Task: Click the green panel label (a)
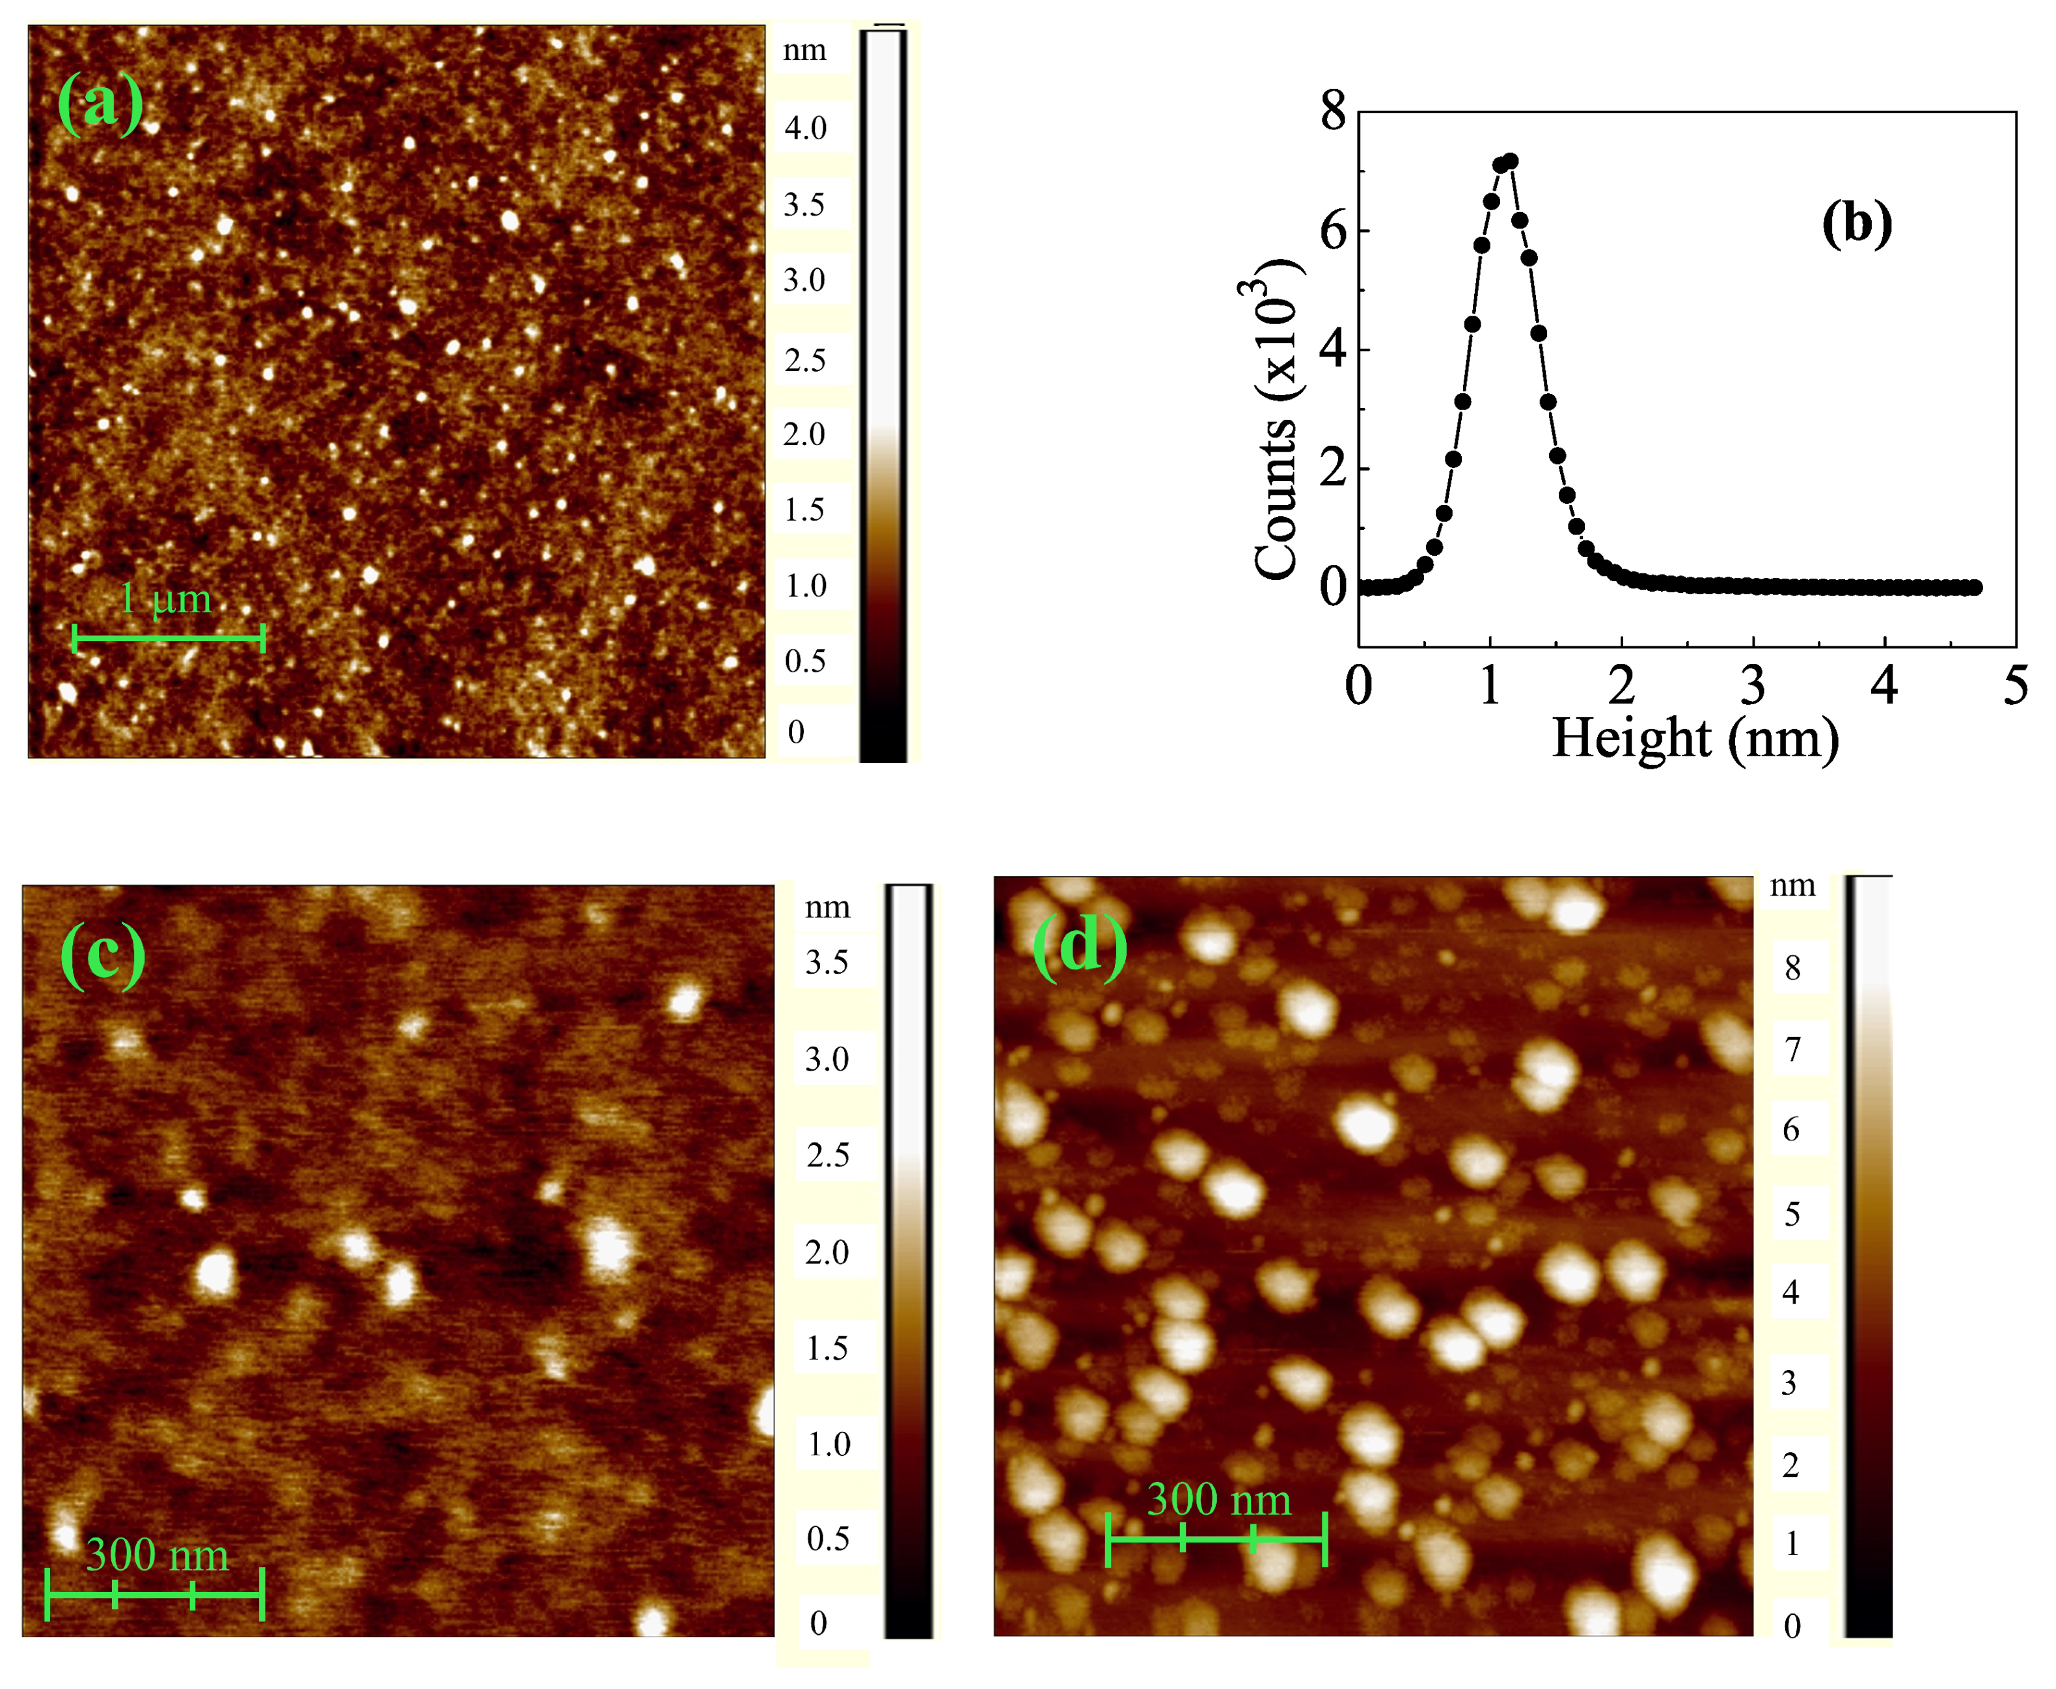[x=100, y=104]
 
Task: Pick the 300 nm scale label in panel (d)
[x=1218, y=1500]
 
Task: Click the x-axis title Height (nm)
[x=1695, y=739]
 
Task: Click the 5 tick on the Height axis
[x=2015, y=686]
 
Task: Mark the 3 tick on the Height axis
[x=1753, y=686]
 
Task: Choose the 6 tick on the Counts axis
[x=1333, y=232]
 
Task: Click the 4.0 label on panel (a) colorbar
[x=806, y=128]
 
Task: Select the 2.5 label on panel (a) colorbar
[x=806, y=360]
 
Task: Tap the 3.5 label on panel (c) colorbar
[x=827, y=962]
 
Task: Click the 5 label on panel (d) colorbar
[x=1791, y=1215]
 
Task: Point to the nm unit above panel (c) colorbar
[x=827, y=907]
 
